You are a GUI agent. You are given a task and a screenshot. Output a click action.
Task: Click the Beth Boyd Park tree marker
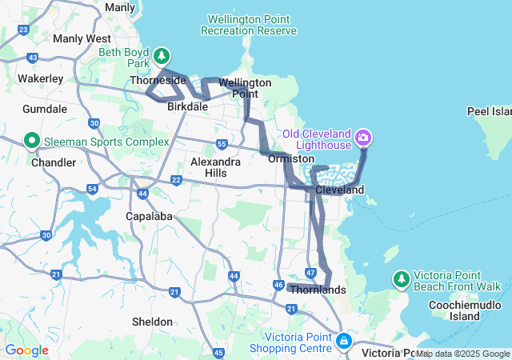[x=162, y=55]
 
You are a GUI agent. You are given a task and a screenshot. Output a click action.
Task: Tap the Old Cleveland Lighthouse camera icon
[x=364, y=138]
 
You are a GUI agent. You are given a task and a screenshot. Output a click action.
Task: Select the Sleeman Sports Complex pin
[x=33, y=142]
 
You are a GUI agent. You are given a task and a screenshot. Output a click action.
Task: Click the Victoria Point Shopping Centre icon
[x=343, y=342]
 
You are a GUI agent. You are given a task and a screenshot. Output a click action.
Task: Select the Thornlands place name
[x=318, y=290]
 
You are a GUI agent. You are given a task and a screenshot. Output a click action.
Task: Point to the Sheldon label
[x=152, y=322]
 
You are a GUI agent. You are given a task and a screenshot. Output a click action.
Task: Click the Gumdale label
[x=46, y=108]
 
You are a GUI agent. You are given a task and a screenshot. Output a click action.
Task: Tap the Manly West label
[x=82, y=38]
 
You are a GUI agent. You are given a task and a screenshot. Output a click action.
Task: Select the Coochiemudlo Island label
[x=465, y=310]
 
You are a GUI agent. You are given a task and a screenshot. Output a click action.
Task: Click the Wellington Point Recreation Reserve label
[x=249, y=25]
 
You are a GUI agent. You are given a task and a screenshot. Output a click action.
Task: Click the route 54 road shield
[x=92, y=189]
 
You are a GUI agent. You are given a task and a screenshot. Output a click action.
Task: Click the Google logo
[x=27, y=350]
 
